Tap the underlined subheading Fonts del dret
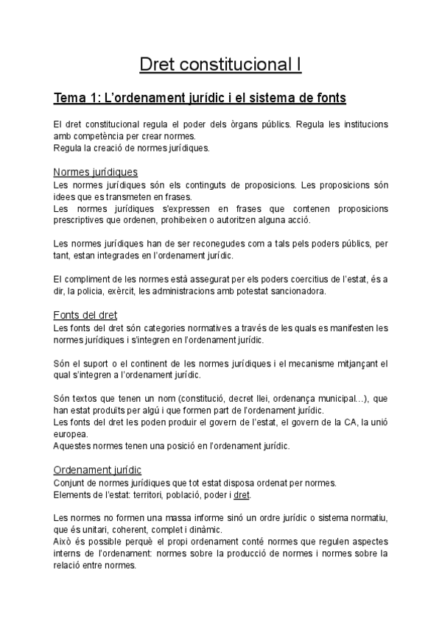[x=85, y=316]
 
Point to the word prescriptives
[x=84, y=220]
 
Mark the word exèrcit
[x=136, y=291]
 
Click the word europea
[x=71, y=434]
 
